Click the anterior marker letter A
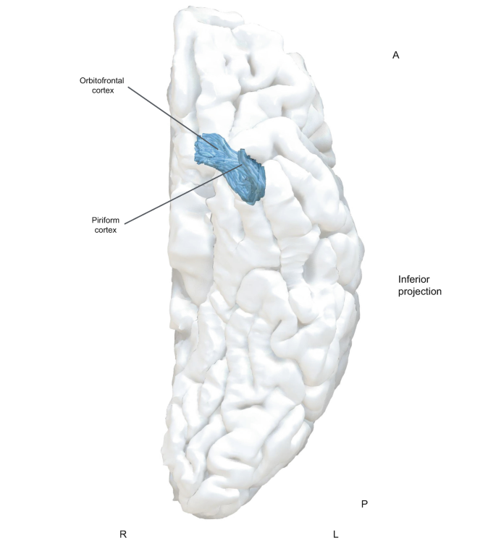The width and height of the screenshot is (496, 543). point(395,55)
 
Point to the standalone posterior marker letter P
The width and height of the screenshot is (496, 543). point(364,503)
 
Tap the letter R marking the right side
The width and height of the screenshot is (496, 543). point(123,534)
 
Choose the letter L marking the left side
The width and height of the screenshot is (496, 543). point(335,534)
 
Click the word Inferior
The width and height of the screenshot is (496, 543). point(416,279)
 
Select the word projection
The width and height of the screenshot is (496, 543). point(420,292)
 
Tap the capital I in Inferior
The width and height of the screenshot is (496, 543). point(400,279)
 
